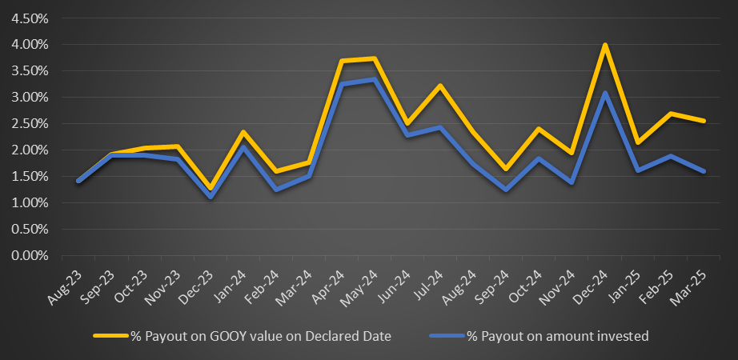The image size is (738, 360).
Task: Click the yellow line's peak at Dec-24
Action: (605, 45)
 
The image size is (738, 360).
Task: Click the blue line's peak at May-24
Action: (375, 79)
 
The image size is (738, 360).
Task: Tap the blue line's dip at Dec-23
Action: (211, 197)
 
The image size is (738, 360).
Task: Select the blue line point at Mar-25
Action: (704, 171)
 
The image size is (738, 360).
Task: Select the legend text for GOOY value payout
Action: (261, 337)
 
